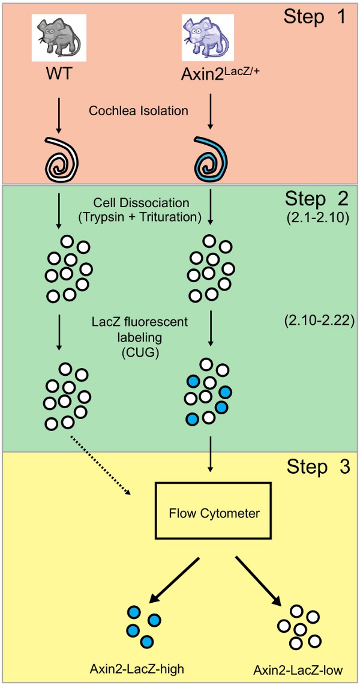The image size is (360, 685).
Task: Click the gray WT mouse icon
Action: point(58,37)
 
